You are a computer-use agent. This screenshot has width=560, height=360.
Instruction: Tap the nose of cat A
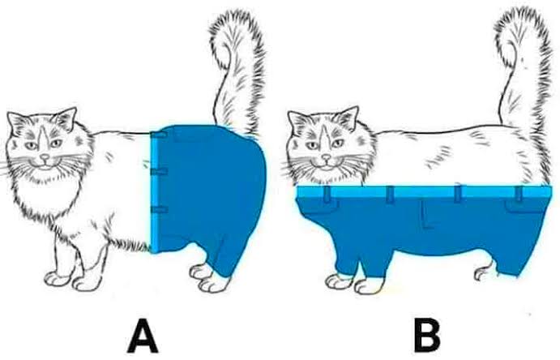(45, 157)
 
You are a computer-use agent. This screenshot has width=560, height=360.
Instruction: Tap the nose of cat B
(326, 156)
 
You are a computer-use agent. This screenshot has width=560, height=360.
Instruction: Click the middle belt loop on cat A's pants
(159, 172)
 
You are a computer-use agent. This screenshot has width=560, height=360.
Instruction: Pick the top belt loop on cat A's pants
(159, 135)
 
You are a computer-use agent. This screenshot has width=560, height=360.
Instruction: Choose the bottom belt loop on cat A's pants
(159, 210)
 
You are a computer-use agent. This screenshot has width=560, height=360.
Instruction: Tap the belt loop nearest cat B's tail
(519, 193)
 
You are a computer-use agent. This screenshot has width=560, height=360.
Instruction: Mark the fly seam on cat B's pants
(425, 214)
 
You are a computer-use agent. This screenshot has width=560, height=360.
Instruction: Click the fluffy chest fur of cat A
(43, 200)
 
